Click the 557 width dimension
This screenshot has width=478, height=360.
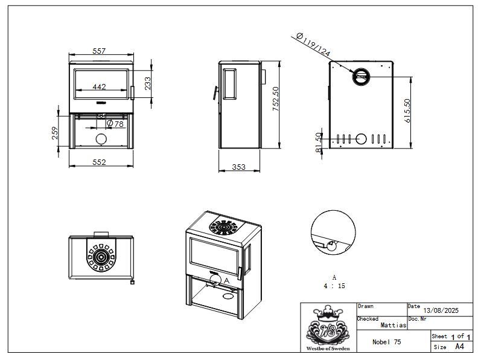(x=99, y=51)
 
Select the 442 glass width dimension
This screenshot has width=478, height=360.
(x=99, y=86)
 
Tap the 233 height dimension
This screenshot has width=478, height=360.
(x=147, y=83)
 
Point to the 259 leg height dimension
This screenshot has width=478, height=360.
(x=55, y=133)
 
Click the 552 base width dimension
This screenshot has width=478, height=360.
(x=99, y=162)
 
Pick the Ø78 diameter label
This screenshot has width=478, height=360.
(x=115, y=123)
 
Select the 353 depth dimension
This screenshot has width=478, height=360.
(x=238, y=167)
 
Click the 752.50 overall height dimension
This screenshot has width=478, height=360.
(x=276, y=98)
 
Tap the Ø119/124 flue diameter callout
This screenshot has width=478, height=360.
(x=313, y=45)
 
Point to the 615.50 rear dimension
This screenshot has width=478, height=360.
(x=407, y=111)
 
